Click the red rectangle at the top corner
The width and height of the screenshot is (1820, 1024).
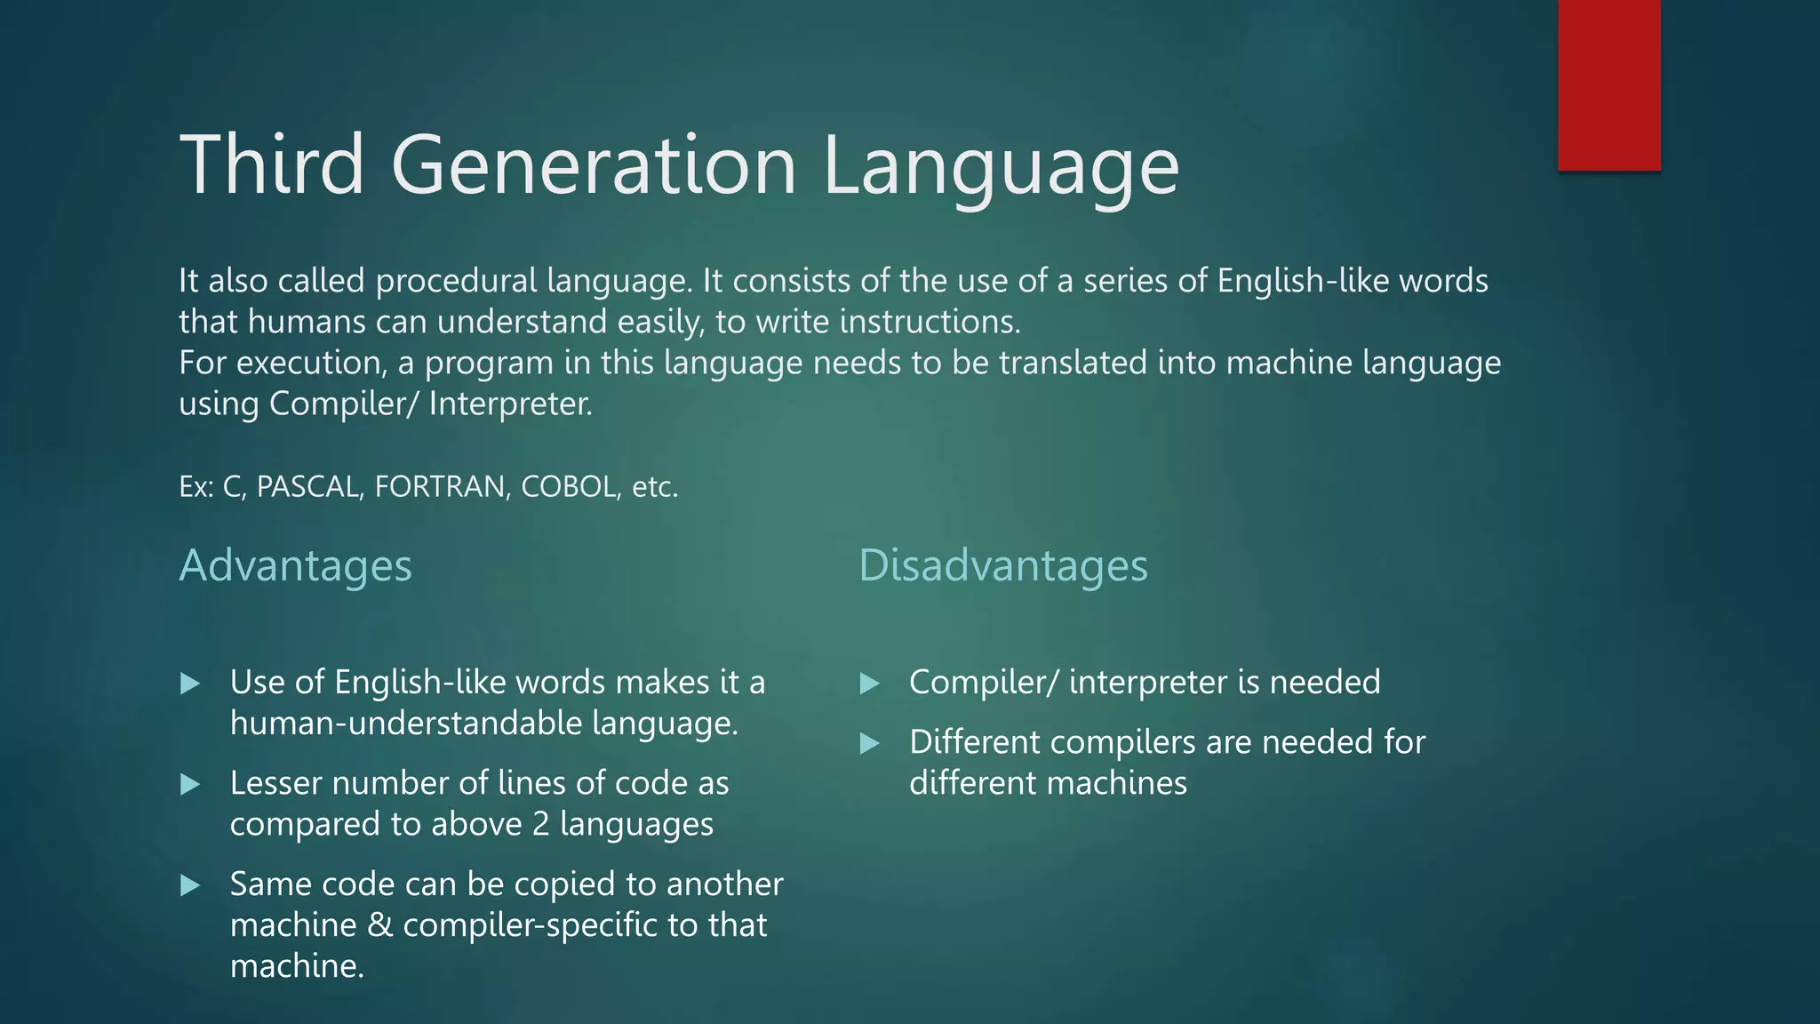click(x=1608, y=84)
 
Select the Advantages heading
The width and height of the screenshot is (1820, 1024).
click(x=295, y=565)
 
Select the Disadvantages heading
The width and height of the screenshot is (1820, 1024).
click(x=1002, y=565)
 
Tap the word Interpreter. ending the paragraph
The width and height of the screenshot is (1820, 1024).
click(x=510, y=404)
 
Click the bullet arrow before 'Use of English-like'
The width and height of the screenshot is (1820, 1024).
click(x=189, y=684)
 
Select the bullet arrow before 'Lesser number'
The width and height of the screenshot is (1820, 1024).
click(x=189, y=784)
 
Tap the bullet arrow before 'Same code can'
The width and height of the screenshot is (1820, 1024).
click(x=189, y=885)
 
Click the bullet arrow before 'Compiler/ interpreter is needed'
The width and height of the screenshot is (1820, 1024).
click(x=869, y=684)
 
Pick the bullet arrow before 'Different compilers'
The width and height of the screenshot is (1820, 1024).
click(x=869, y=743)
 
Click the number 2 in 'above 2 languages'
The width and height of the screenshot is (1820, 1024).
click(x=540, y=824)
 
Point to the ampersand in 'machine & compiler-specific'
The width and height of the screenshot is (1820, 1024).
click(x=379, y=925)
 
